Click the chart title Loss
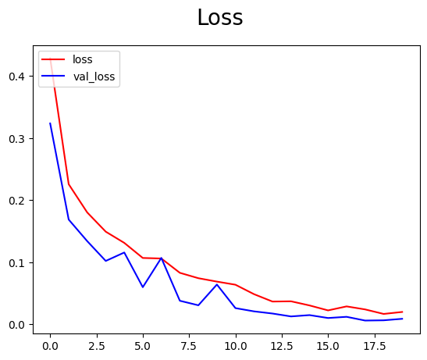click(219, 18)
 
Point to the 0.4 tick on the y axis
click(17, 77)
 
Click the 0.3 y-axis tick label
click(17, 139)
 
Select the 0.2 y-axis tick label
click(17, 201)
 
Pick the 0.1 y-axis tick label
click(17, 262)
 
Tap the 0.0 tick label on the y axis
click(17, 325)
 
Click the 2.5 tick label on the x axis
click(97, 344)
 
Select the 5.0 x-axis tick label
click(143, 344)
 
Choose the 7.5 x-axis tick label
click(189, 344)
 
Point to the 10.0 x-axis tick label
click(235, 344)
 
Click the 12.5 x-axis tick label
click(282, 344)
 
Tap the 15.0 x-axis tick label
click(328, 344)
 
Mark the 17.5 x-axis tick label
click(374, 344)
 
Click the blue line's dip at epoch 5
click(143, 287)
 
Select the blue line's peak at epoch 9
click(217, 284)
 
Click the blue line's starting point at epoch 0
click(50, 123)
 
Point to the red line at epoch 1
click(69, 184)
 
